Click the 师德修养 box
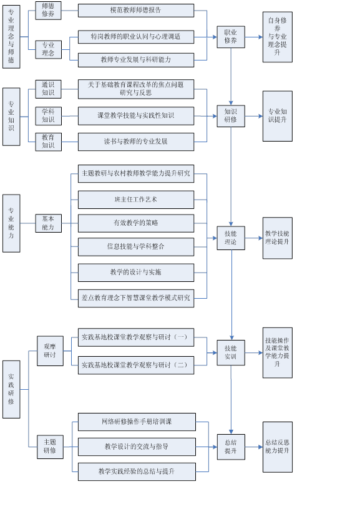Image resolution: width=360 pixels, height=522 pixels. click(x=48, y=11)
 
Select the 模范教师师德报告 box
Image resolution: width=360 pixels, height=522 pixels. click(x=136, y=11)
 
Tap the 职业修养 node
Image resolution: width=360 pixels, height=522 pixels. click(x=231, y=37)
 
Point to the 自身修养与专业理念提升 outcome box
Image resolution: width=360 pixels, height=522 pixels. click(x=278, y=37)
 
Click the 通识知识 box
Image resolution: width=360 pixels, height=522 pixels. click(x=48, y=89)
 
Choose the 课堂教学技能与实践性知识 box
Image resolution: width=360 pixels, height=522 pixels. click(x=136, y=116)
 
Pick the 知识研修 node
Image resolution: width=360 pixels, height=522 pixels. click(x=231, y=116)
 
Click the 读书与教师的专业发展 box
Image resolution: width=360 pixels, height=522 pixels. click(x=136, y=142)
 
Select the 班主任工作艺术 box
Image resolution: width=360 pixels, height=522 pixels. click(x=136, y=200)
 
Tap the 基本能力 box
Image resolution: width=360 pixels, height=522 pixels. click(x=48, y=223)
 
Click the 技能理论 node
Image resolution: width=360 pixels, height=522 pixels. click(x=231, y=238)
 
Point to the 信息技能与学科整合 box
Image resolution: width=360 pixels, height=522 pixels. click(x=136, y=247)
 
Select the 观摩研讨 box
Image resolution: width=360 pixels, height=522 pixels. click(x=50, y=351)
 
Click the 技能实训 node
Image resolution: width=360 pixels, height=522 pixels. click(x=231, y=352)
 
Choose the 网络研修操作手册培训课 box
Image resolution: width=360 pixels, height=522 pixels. click(x=137, y=422)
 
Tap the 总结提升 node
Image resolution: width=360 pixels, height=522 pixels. click(x=231, y=447)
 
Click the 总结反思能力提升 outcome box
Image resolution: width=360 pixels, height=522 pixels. click(x=278, y=447)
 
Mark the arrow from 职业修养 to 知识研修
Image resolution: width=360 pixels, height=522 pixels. click(x=231, y=77)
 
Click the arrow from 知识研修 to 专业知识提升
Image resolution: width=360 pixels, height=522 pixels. click(x=254, y=116)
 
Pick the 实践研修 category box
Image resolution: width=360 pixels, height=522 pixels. click(x=11, y=389)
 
